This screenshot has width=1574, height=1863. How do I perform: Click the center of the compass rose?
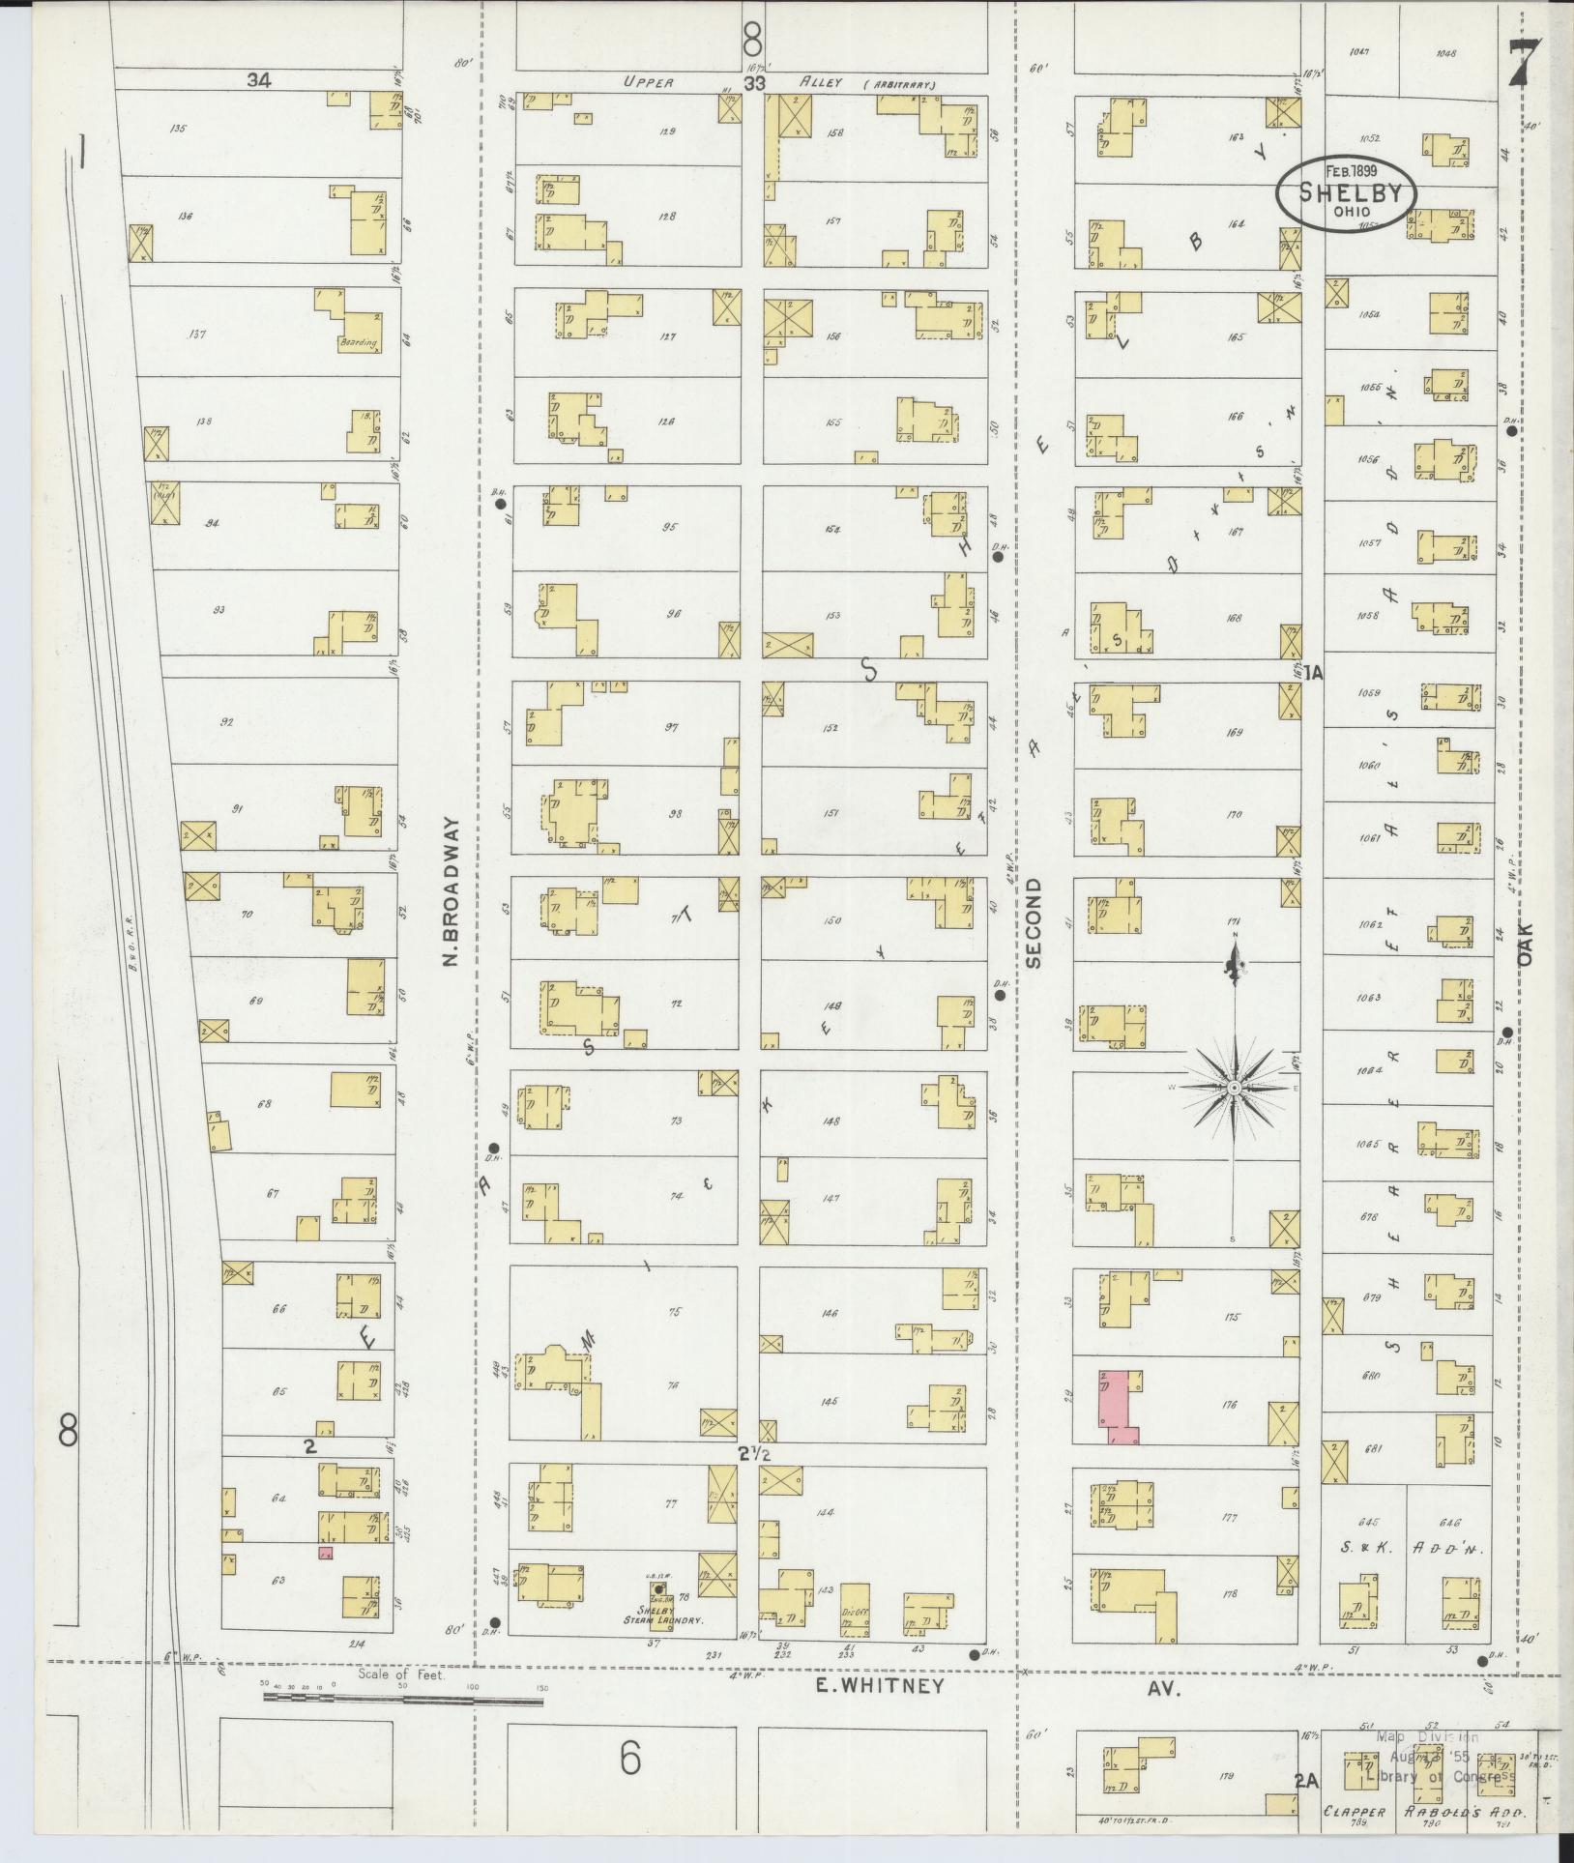[x=1234, y=1089]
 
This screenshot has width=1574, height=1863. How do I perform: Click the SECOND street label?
[x=1033, y=923]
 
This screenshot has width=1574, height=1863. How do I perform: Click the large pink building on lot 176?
[x=1117, y=1405]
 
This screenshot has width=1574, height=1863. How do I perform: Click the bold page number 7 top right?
[x=1523, y=64]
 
